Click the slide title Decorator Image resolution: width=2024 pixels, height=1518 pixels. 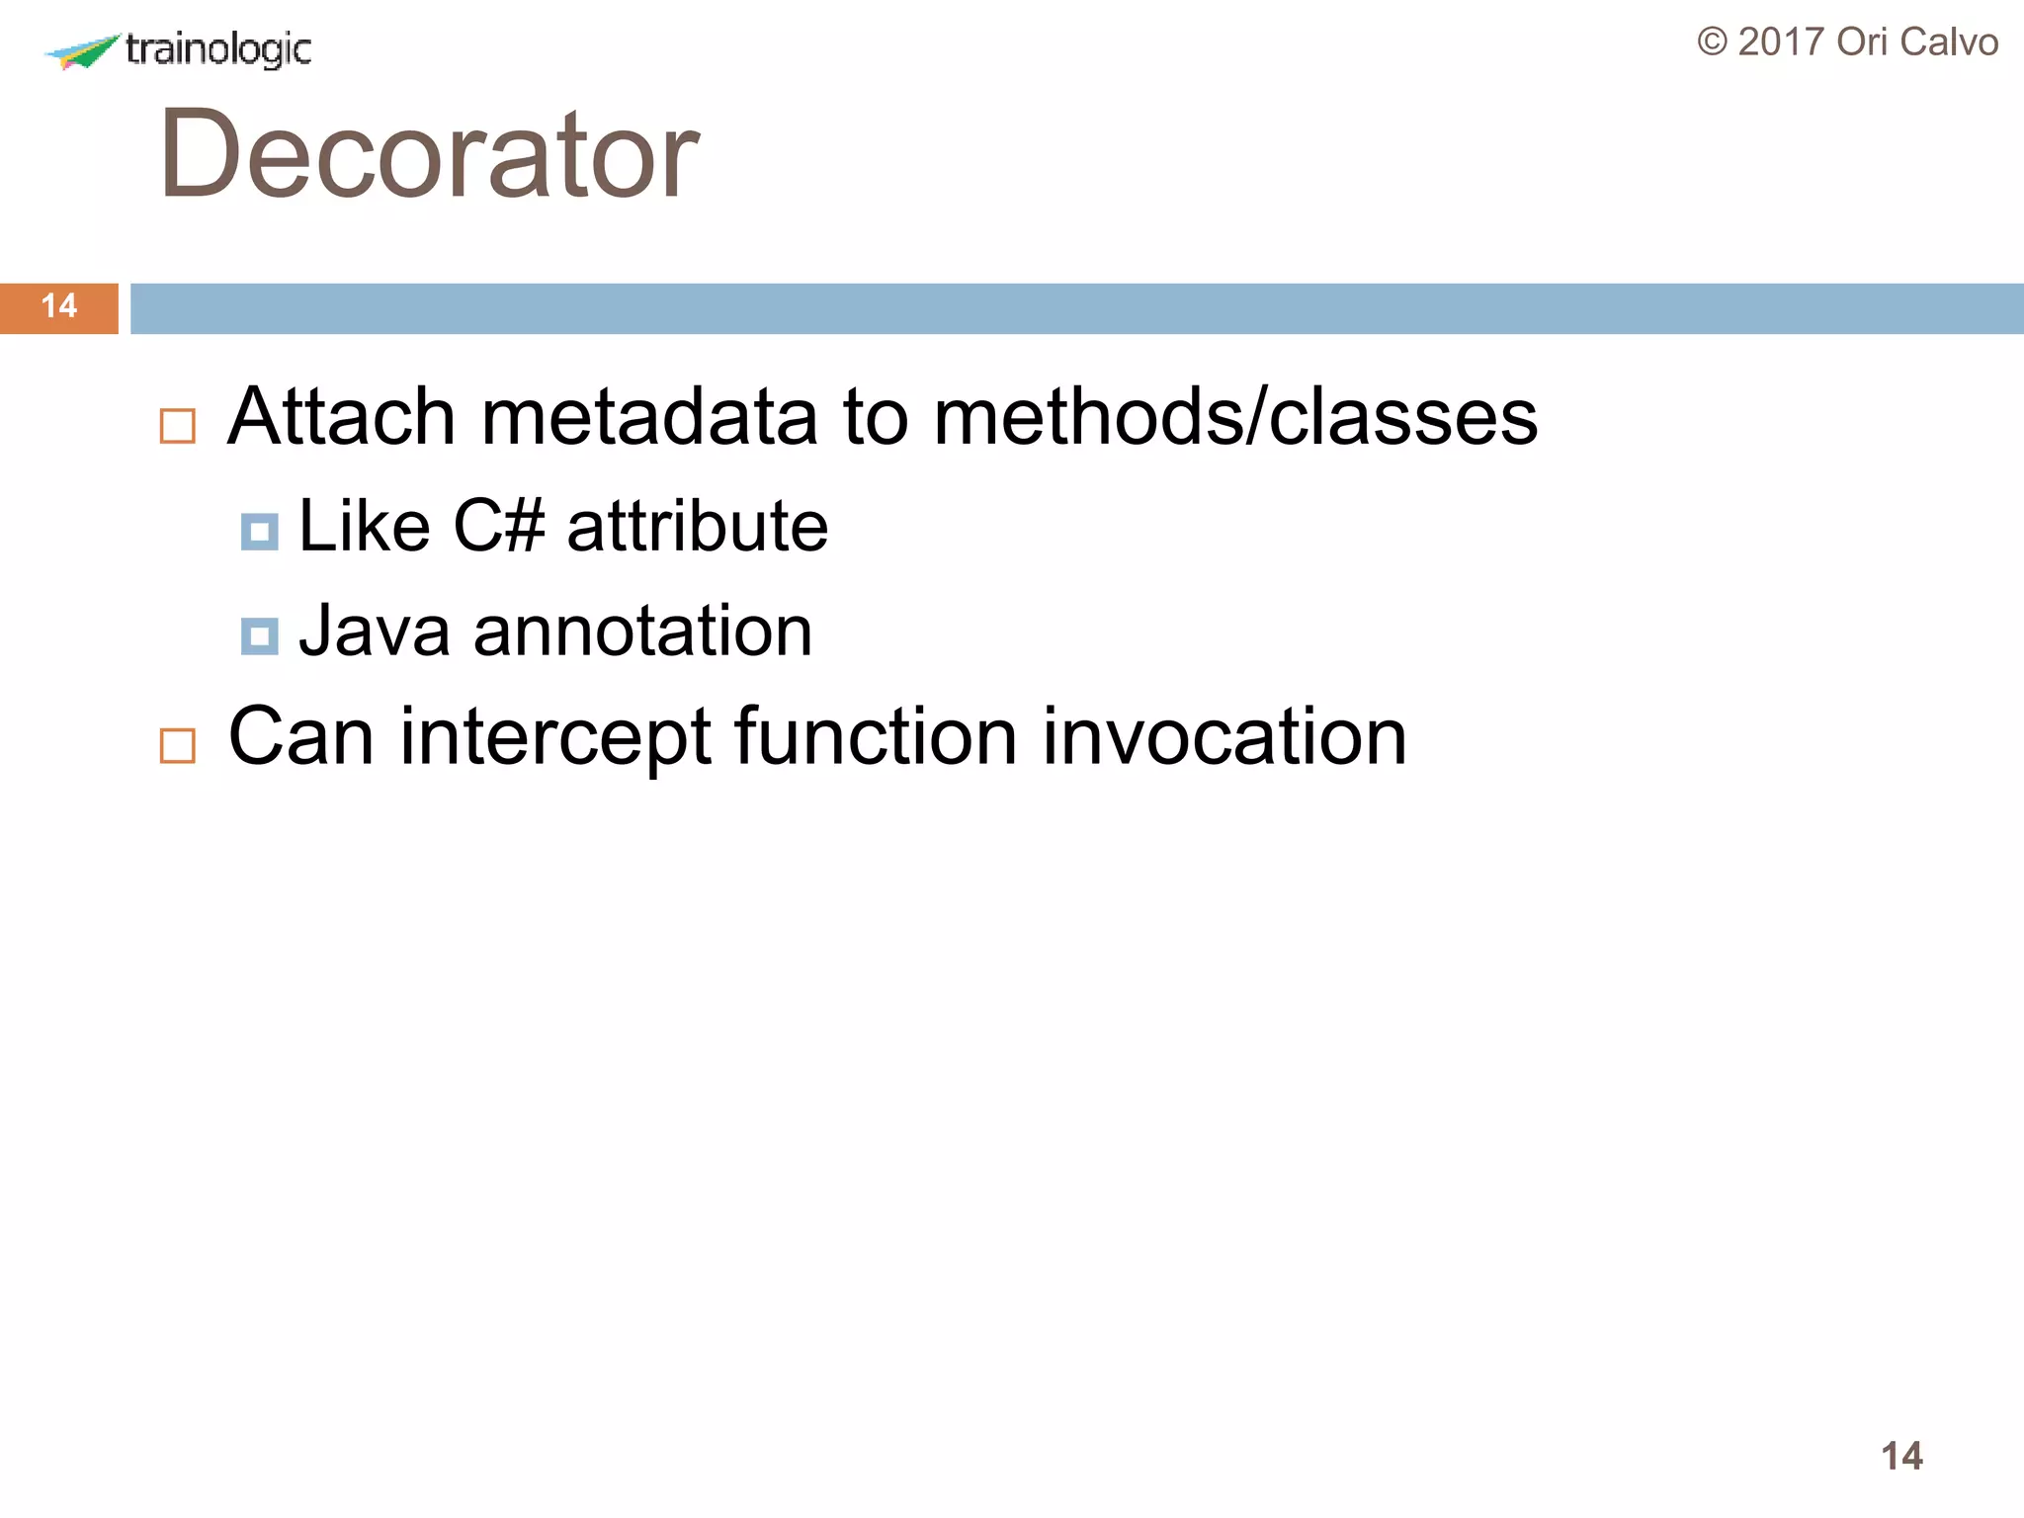(x=428, y=154)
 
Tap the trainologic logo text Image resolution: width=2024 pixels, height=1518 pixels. (x=218, y=49)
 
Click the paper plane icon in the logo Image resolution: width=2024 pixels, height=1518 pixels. (x=81, y=51)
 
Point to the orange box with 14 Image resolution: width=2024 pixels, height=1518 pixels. (x=59, y=307)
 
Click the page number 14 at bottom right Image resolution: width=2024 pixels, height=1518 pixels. (x=1901, y=1456)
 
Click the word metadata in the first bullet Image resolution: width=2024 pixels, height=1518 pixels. (x=648, y=417)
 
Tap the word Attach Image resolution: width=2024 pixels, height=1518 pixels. (x=341, y=417)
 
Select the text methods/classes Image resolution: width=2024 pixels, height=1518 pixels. (x=1234, y=417)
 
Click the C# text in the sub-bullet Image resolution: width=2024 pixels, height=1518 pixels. (x=498, y=526)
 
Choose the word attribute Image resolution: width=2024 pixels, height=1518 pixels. (x=697, y=526)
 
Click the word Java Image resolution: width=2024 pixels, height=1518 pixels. (x=375, y=631)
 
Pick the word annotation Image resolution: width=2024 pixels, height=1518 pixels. (x=642, y=631)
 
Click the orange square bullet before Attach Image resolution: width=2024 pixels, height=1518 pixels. (x=178, y=427)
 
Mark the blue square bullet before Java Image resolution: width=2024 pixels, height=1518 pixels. (x=259, y=636)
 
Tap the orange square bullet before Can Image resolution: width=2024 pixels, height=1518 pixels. (x=178, y=746)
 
